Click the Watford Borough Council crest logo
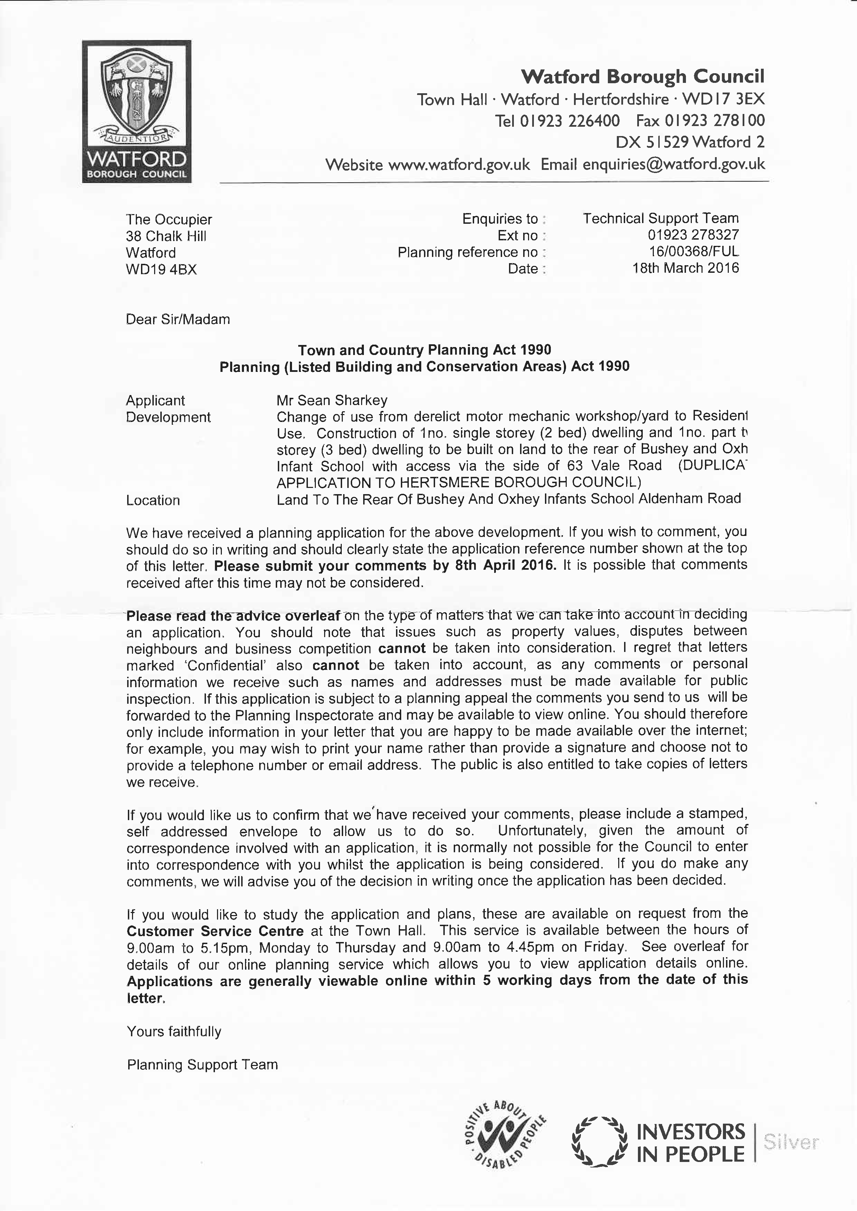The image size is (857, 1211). pos(137,111)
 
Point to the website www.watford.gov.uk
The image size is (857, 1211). pos(459,165)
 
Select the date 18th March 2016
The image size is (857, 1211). pos(686,268)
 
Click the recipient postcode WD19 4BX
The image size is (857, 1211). pos(161,270)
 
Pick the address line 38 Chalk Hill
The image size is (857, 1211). pos(166,236)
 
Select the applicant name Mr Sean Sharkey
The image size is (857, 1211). pos(332,400)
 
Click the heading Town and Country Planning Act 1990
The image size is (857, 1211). pos(424,350)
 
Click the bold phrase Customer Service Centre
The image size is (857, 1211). pos(215,931)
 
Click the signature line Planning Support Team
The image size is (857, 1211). pos(202,1064)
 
